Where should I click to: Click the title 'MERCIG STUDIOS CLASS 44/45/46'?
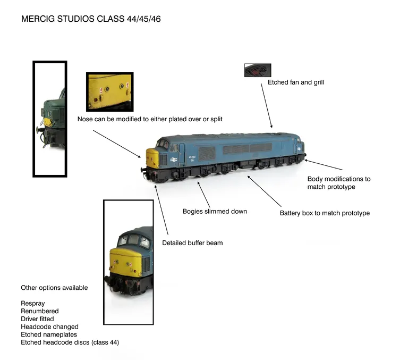(x=91, y=19)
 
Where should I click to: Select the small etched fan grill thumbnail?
(x=258, y=70)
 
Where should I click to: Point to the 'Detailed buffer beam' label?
(x=192, y=243)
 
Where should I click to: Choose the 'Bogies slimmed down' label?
(x=215, y=211)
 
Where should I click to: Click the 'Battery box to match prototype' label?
(x=325, y=213)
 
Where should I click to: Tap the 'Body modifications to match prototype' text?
(x=338, y=183)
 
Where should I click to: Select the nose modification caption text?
(x=150, y=119)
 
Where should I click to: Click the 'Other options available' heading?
(x=54, y=288)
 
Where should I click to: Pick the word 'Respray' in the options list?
(x=33, y=303)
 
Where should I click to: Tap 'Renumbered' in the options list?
(x=40, y=311)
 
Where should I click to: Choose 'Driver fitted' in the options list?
(x=37, y=319)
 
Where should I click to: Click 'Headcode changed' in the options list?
(x=49, y=327)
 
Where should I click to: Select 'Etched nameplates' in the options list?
(x=49, y=334)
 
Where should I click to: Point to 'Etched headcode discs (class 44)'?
(x=70, y=342)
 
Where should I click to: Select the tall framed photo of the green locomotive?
(x=50, y=119)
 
